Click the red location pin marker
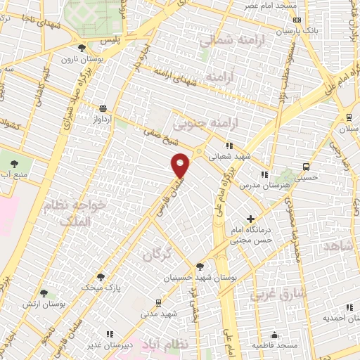coord(181,165)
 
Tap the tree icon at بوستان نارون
coord(82,48)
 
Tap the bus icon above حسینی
coord(306,167)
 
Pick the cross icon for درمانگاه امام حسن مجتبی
coord(250,220)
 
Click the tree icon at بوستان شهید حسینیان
coord(200,266)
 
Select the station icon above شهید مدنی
coord(158,302)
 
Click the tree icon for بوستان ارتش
coord(44,292)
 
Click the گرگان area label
coord(157,255)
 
